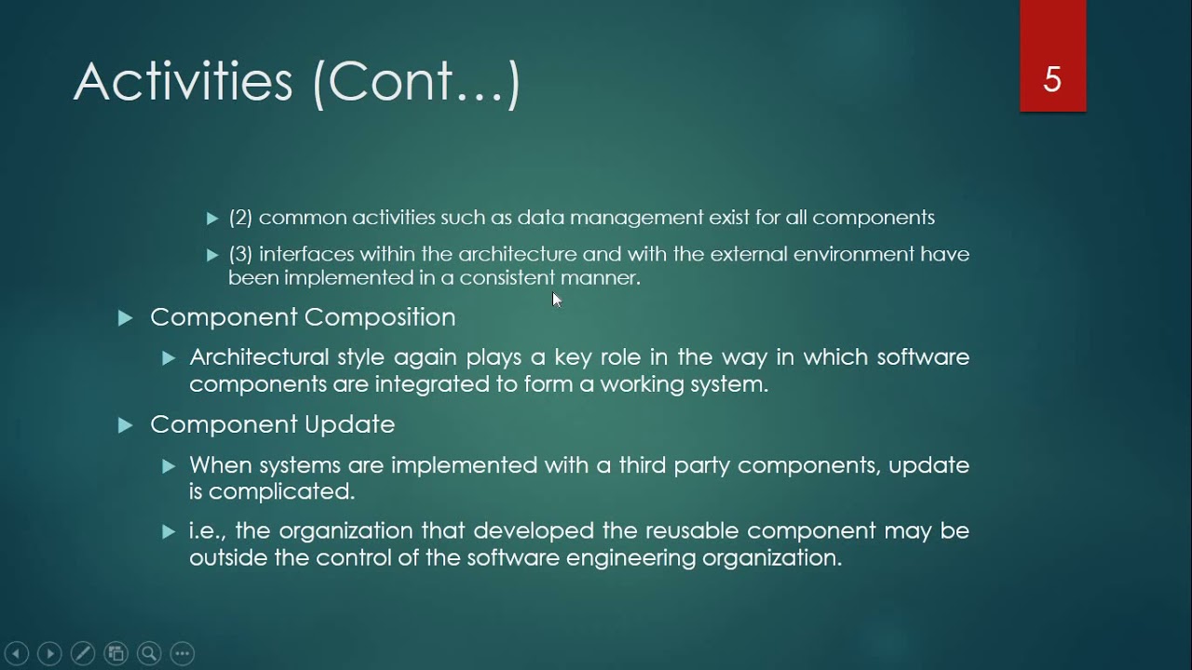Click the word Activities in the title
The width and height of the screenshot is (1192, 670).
click(x=183, y=82)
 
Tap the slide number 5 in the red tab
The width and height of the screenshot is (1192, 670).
click(x=1052, y=80)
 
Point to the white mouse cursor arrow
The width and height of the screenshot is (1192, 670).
click(x=556, y=299)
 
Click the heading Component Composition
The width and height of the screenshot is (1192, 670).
click(x=303, y=317)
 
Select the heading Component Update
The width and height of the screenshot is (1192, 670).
click(x=272, y=424)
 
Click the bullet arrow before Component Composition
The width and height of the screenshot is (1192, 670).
click(x=126, y=318)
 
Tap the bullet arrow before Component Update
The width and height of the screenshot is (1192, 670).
click(x=126, y=425)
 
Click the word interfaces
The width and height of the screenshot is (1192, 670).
click(x=305, y=254)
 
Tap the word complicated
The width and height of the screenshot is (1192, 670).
click(x=281, y=490)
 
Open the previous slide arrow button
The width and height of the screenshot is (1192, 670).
click(x=17, y=653)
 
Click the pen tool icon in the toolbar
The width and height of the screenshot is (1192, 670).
click(x=82, y=653)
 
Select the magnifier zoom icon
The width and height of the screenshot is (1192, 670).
click(x=149, y=653)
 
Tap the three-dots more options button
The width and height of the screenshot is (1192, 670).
click(x=183, y=653)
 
